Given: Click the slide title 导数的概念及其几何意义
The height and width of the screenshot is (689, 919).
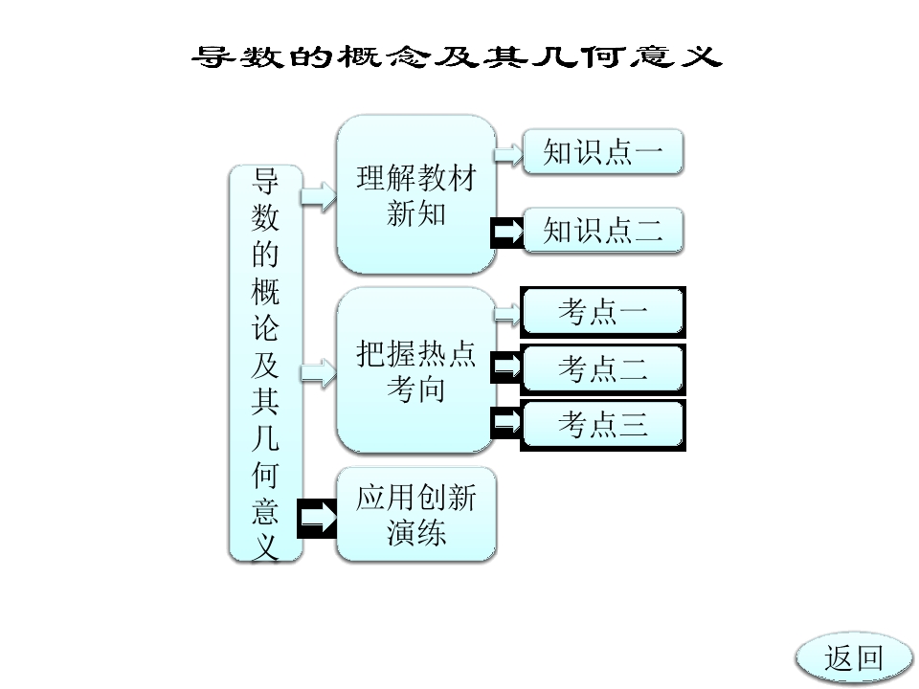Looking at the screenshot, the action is coord(457,56).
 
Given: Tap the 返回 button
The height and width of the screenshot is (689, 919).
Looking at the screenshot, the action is coord(853,658).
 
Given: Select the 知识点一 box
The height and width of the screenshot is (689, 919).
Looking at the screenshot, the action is coord(603,152).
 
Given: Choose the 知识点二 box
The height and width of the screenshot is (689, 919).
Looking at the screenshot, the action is coord(603,230).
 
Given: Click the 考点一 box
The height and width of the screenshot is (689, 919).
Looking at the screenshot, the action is coord(603,312).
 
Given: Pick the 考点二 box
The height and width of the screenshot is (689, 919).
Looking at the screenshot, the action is coord(603,368).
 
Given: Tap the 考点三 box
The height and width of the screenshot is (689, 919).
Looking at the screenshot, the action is coord(603,425).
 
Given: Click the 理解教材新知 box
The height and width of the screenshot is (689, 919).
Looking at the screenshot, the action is coord(416,194).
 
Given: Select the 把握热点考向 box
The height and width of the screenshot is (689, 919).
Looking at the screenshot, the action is coord(416,370).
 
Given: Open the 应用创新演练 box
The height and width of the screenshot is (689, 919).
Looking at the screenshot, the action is coord(416,515).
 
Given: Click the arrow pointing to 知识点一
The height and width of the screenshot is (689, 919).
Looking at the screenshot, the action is coord(508,154).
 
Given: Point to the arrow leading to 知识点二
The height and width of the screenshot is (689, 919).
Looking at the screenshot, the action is coord(507,232).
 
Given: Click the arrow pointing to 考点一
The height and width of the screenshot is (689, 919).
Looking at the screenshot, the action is coord(507,314).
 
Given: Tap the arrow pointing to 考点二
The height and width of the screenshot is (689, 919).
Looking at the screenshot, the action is coord(506,367).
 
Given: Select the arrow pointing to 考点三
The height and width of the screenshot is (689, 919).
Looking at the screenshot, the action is coord(506,422).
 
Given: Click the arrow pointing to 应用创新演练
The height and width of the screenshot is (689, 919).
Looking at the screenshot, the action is coord(318,518).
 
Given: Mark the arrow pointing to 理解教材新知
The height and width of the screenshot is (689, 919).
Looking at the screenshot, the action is coord(319,196).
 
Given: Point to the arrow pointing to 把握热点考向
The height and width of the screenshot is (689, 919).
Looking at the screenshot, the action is coord(319,372).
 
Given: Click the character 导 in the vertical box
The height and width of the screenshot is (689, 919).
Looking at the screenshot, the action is coord(265,182).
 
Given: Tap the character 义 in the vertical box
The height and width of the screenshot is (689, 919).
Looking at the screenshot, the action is coord(265,547).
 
